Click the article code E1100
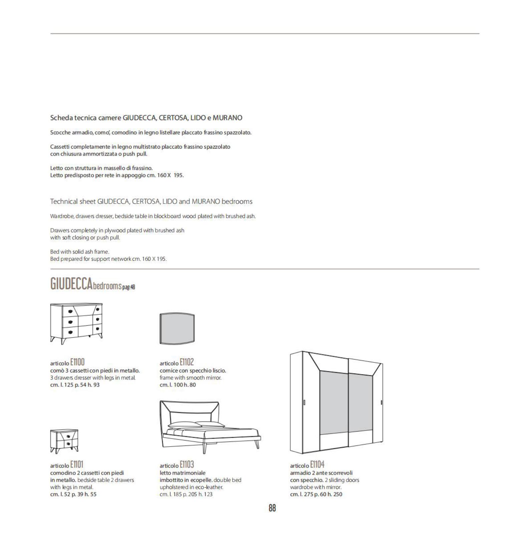pos(77,362)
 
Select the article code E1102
pos(187,362)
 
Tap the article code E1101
pos(77,465)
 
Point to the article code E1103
pos(187,465)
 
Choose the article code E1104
pos(317,465)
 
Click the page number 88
pos(272,508)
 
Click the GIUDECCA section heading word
pos(71,284)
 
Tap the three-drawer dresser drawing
pos(76,323)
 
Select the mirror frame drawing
pos(177,329)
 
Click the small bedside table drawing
pos(64,441)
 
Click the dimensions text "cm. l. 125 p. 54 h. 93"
pos(75,385)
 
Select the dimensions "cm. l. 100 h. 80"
pos(178,385)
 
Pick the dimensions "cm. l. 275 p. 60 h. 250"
pos(316,494)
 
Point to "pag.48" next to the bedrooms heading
pos(129,287)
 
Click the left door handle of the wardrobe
pos(304,402)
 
